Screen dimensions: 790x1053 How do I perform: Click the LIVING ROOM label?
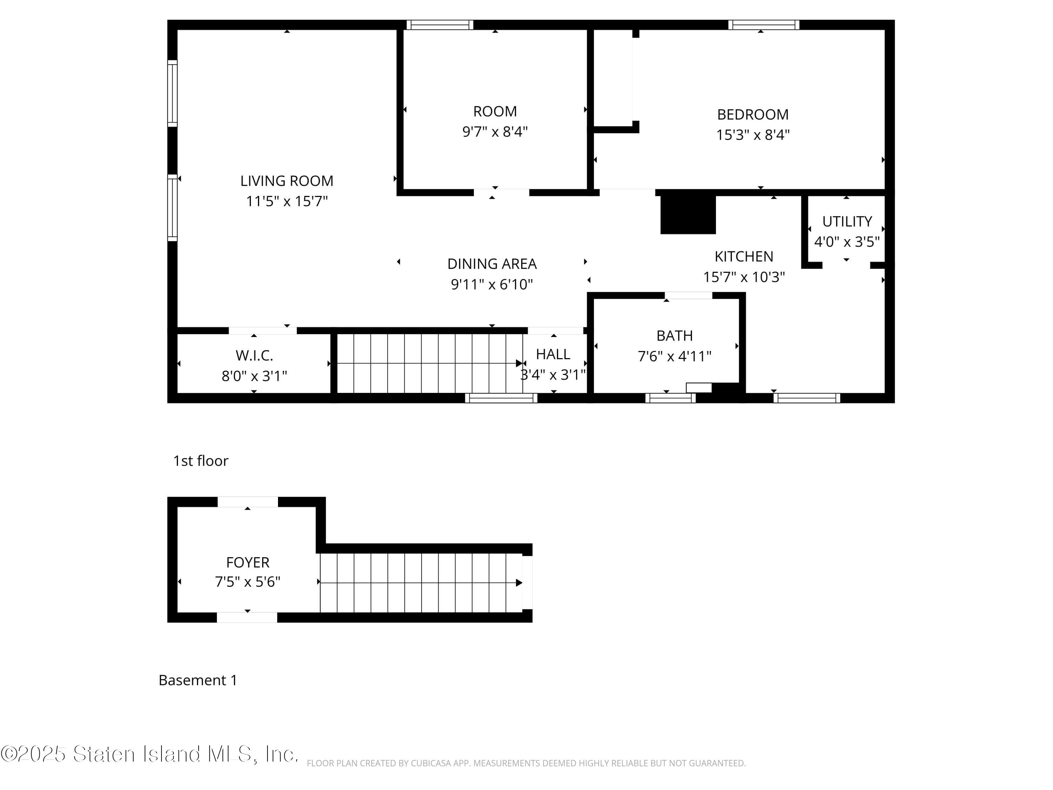tap(286, 181)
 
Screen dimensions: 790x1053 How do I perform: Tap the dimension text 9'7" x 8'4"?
tap(495, 131)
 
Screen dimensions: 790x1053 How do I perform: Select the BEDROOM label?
tap(753, 115)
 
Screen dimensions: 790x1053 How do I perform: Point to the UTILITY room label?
tap(847, 222)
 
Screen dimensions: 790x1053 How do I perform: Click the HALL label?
tap(553, 354)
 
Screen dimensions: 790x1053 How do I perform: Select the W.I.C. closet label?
tap(254, 356)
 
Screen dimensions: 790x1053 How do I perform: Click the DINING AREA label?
tap(492, 264)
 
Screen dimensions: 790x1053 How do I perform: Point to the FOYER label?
tap(247, 562)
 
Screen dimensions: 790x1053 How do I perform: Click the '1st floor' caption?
tap(200, 461)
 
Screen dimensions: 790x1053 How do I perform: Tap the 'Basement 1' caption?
tap(198, 680)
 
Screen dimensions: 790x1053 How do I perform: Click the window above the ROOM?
tap(440, 25)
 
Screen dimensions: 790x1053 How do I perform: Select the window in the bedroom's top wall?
tap(763, 25)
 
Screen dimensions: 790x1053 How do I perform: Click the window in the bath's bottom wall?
tap(670, 398)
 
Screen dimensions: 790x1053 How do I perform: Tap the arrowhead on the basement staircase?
tap(519, 582)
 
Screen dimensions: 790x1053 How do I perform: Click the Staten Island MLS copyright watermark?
tap(149, 754)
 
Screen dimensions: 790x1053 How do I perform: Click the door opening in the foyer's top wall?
tap(247, 502)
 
